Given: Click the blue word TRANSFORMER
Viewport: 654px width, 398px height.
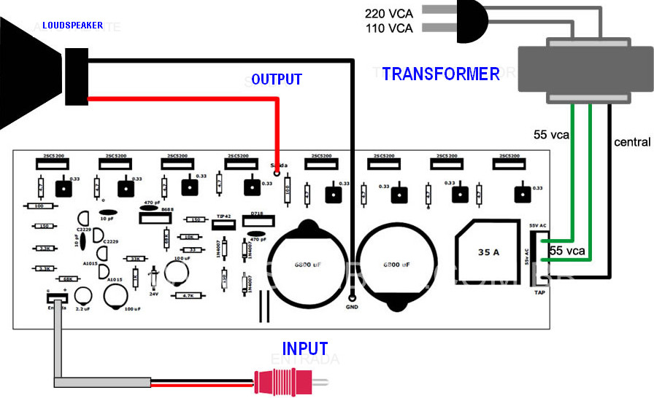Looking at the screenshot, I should point(441,74).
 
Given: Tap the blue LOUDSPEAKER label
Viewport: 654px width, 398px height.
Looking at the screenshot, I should point(72,26).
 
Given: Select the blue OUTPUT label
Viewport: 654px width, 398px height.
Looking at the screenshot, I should point(276,79).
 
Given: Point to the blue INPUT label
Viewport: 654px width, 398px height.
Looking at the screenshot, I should point(305,348).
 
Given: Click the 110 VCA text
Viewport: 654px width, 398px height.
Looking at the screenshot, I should point(388,28).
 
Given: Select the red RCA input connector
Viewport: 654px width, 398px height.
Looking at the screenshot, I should point(284,381).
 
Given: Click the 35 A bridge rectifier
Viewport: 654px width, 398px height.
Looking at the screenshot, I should point(488,251).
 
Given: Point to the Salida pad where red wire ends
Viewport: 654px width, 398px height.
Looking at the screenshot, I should point(276,175).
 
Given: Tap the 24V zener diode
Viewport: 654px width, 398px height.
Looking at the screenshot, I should point(154,278).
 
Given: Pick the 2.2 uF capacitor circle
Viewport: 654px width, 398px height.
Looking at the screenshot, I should point(83,295).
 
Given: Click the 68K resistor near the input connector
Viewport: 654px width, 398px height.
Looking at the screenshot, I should point(66,278).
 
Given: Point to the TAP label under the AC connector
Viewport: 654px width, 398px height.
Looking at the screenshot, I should point(539,292).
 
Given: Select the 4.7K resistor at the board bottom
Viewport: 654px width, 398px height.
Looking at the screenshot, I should point(188,296).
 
